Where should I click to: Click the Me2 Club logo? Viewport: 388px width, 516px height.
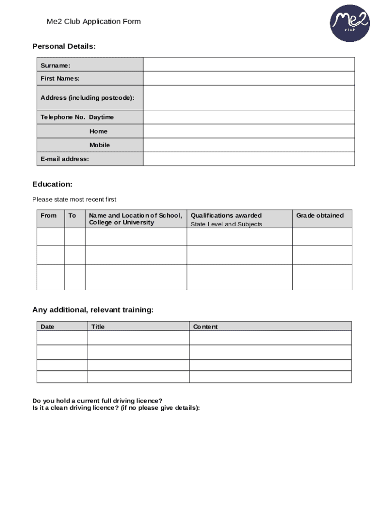click(x=350, y=24)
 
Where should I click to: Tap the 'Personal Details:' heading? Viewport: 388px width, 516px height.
click(x=64, y=46)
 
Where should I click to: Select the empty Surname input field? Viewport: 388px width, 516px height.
click(x=249, y=64)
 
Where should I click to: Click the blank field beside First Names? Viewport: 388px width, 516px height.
click(x=249, y=79)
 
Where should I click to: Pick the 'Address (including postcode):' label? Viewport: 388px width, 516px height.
click(x=87, y=98)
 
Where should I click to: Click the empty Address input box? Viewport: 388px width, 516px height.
click(x=249, y=98)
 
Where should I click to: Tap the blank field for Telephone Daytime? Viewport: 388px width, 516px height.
click(x=249, y=117)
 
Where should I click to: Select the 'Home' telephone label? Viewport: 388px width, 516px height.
click(x=98, y=131)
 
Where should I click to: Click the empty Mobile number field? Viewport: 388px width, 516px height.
click(x=249, y=145)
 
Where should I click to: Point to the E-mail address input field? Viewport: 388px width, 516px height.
click(x=249, y=159)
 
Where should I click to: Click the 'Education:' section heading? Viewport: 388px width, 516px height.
click(x=52, y=184)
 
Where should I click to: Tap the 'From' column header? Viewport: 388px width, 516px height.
click(x=49, y=216)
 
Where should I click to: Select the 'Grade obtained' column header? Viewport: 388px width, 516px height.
click(x=320, y=216)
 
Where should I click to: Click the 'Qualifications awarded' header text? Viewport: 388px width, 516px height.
click(x=226, y=216)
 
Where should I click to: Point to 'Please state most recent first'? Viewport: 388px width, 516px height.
click(x=74, y=200)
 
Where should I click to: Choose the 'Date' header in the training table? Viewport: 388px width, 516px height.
click(x=47, y=327)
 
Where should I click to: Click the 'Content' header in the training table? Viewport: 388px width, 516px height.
click(x=206, y=327)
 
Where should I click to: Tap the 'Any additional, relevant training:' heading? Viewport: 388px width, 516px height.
click(x=93, y=310)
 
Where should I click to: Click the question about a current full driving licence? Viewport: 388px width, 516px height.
click(x=97, y=401)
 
